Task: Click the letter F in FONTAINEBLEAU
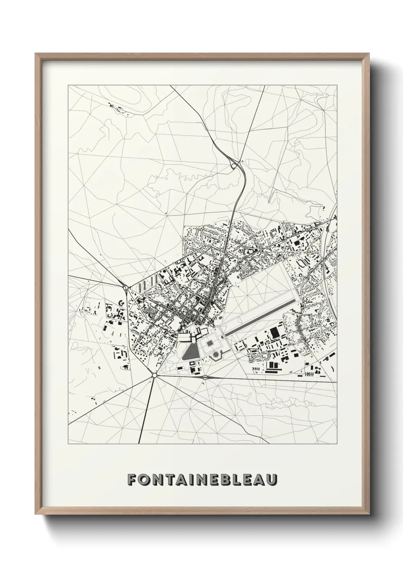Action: tap(132, 479)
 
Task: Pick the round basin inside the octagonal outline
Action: tap(216, 355)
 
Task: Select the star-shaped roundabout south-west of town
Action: tap(154, 375)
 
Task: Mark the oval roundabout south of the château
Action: tap(205, 377)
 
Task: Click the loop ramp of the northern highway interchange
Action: tap(233, 165)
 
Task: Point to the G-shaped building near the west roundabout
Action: tap(122, 302)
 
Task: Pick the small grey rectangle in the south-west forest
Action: tap(99, 367)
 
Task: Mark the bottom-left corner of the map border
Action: tap(68, 444)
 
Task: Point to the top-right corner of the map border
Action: tap(337, 85)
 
